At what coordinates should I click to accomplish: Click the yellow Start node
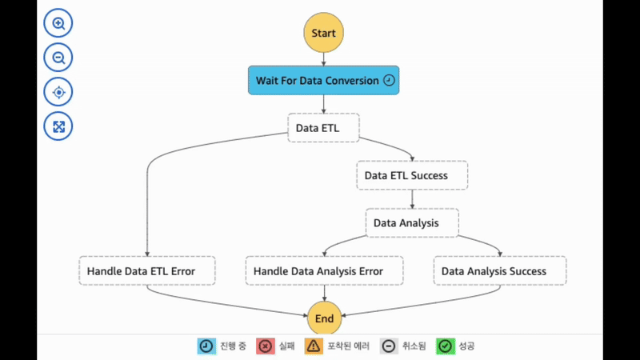(323, 34)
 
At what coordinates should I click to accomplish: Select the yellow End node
(324, 318)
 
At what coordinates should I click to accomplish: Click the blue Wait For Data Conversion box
(323, 80)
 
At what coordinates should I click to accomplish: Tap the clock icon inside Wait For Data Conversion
(389, 80)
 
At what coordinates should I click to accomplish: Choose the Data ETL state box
(323, 127)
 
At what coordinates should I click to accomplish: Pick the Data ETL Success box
(412, 175)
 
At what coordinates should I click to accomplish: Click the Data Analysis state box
(412, 223)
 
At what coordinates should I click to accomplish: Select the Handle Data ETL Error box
(147, 271)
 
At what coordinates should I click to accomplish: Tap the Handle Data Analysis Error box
(324, 271)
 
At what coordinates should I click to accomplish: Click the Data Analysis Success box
(500, 271)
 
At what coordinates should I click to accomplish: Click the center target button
(58, 93)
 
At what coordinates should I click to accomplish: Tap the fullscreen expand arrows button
(58, 126)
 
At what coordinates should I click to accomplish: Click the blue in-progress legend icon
(206, 346)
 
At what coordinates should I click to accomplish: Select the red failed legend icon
(266, 346)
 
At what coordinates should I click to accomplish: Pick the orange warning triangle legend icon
(314, 346)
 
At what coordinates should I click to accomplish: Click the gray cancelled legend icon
(388, 346)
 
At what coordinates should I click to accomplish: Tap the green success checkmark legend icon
(446, 346)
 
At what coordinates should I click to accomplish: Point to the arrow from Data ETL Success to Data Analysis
(412, 199)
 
